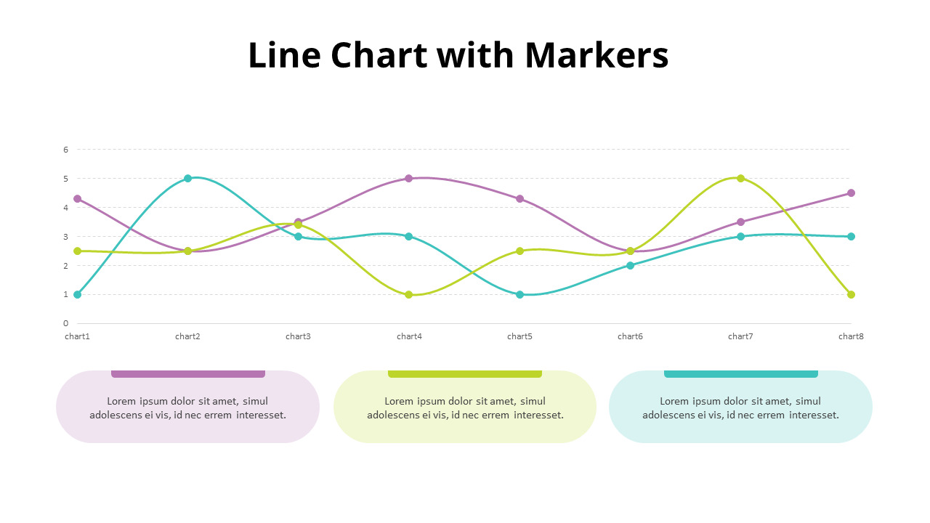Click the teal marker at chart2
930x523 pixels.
click(187, 178)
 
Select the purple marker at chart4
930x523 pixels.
click(408, 178)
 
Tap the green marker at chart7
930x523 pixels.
click(740, 178)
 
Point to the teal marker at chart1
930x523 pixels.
click(77, 294)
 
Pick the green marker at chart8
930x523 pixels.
click(851, 294)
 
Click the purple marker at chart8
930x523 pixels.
click(851, 192)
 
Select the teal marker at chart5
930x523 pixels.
click(519, 294)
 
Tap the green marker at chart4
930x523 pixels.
click(408, 294)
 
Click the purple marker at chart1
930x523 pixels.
click(77, 198)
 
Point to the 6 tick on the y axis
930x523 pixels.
click(65, 150)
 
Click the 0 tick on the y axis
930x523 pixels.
click(65, 323)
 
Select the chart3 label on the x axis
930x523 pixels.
click(298, 336)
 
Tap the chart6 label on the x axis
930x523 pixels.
click(630, 336)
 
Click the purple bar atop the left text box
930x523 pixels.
click(187, 373)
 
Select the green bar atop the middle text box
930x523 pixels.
click(465, 373)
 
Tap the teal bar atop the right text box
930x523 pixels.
click(740, 373)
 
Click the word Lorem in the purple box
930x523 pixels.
click(122, 401)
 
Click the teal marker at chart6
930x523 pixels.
click(630, 265)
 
